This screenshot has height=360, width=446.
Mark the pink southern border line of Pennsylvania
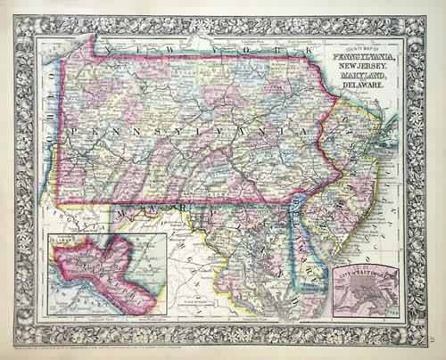(178, 202)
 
